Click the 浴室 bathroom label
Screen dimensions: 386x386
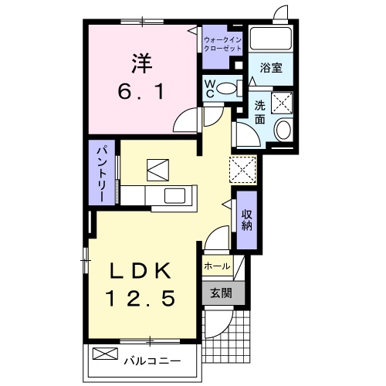(270, 68)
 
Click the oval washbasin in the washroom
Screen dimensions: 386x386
(283, 129)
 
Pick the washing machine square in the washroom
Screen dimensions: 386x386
(280, 100)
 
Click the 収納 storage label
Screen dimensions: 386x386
(247, 219)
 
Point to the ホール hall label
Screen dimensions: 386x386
(217, 266)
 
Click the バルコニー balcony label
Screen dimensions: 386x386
(151, 361)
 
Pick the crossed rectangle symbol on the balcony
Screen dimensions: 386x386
(103, 354)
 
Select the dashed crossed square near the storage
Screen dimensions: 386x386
(242, 168)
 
